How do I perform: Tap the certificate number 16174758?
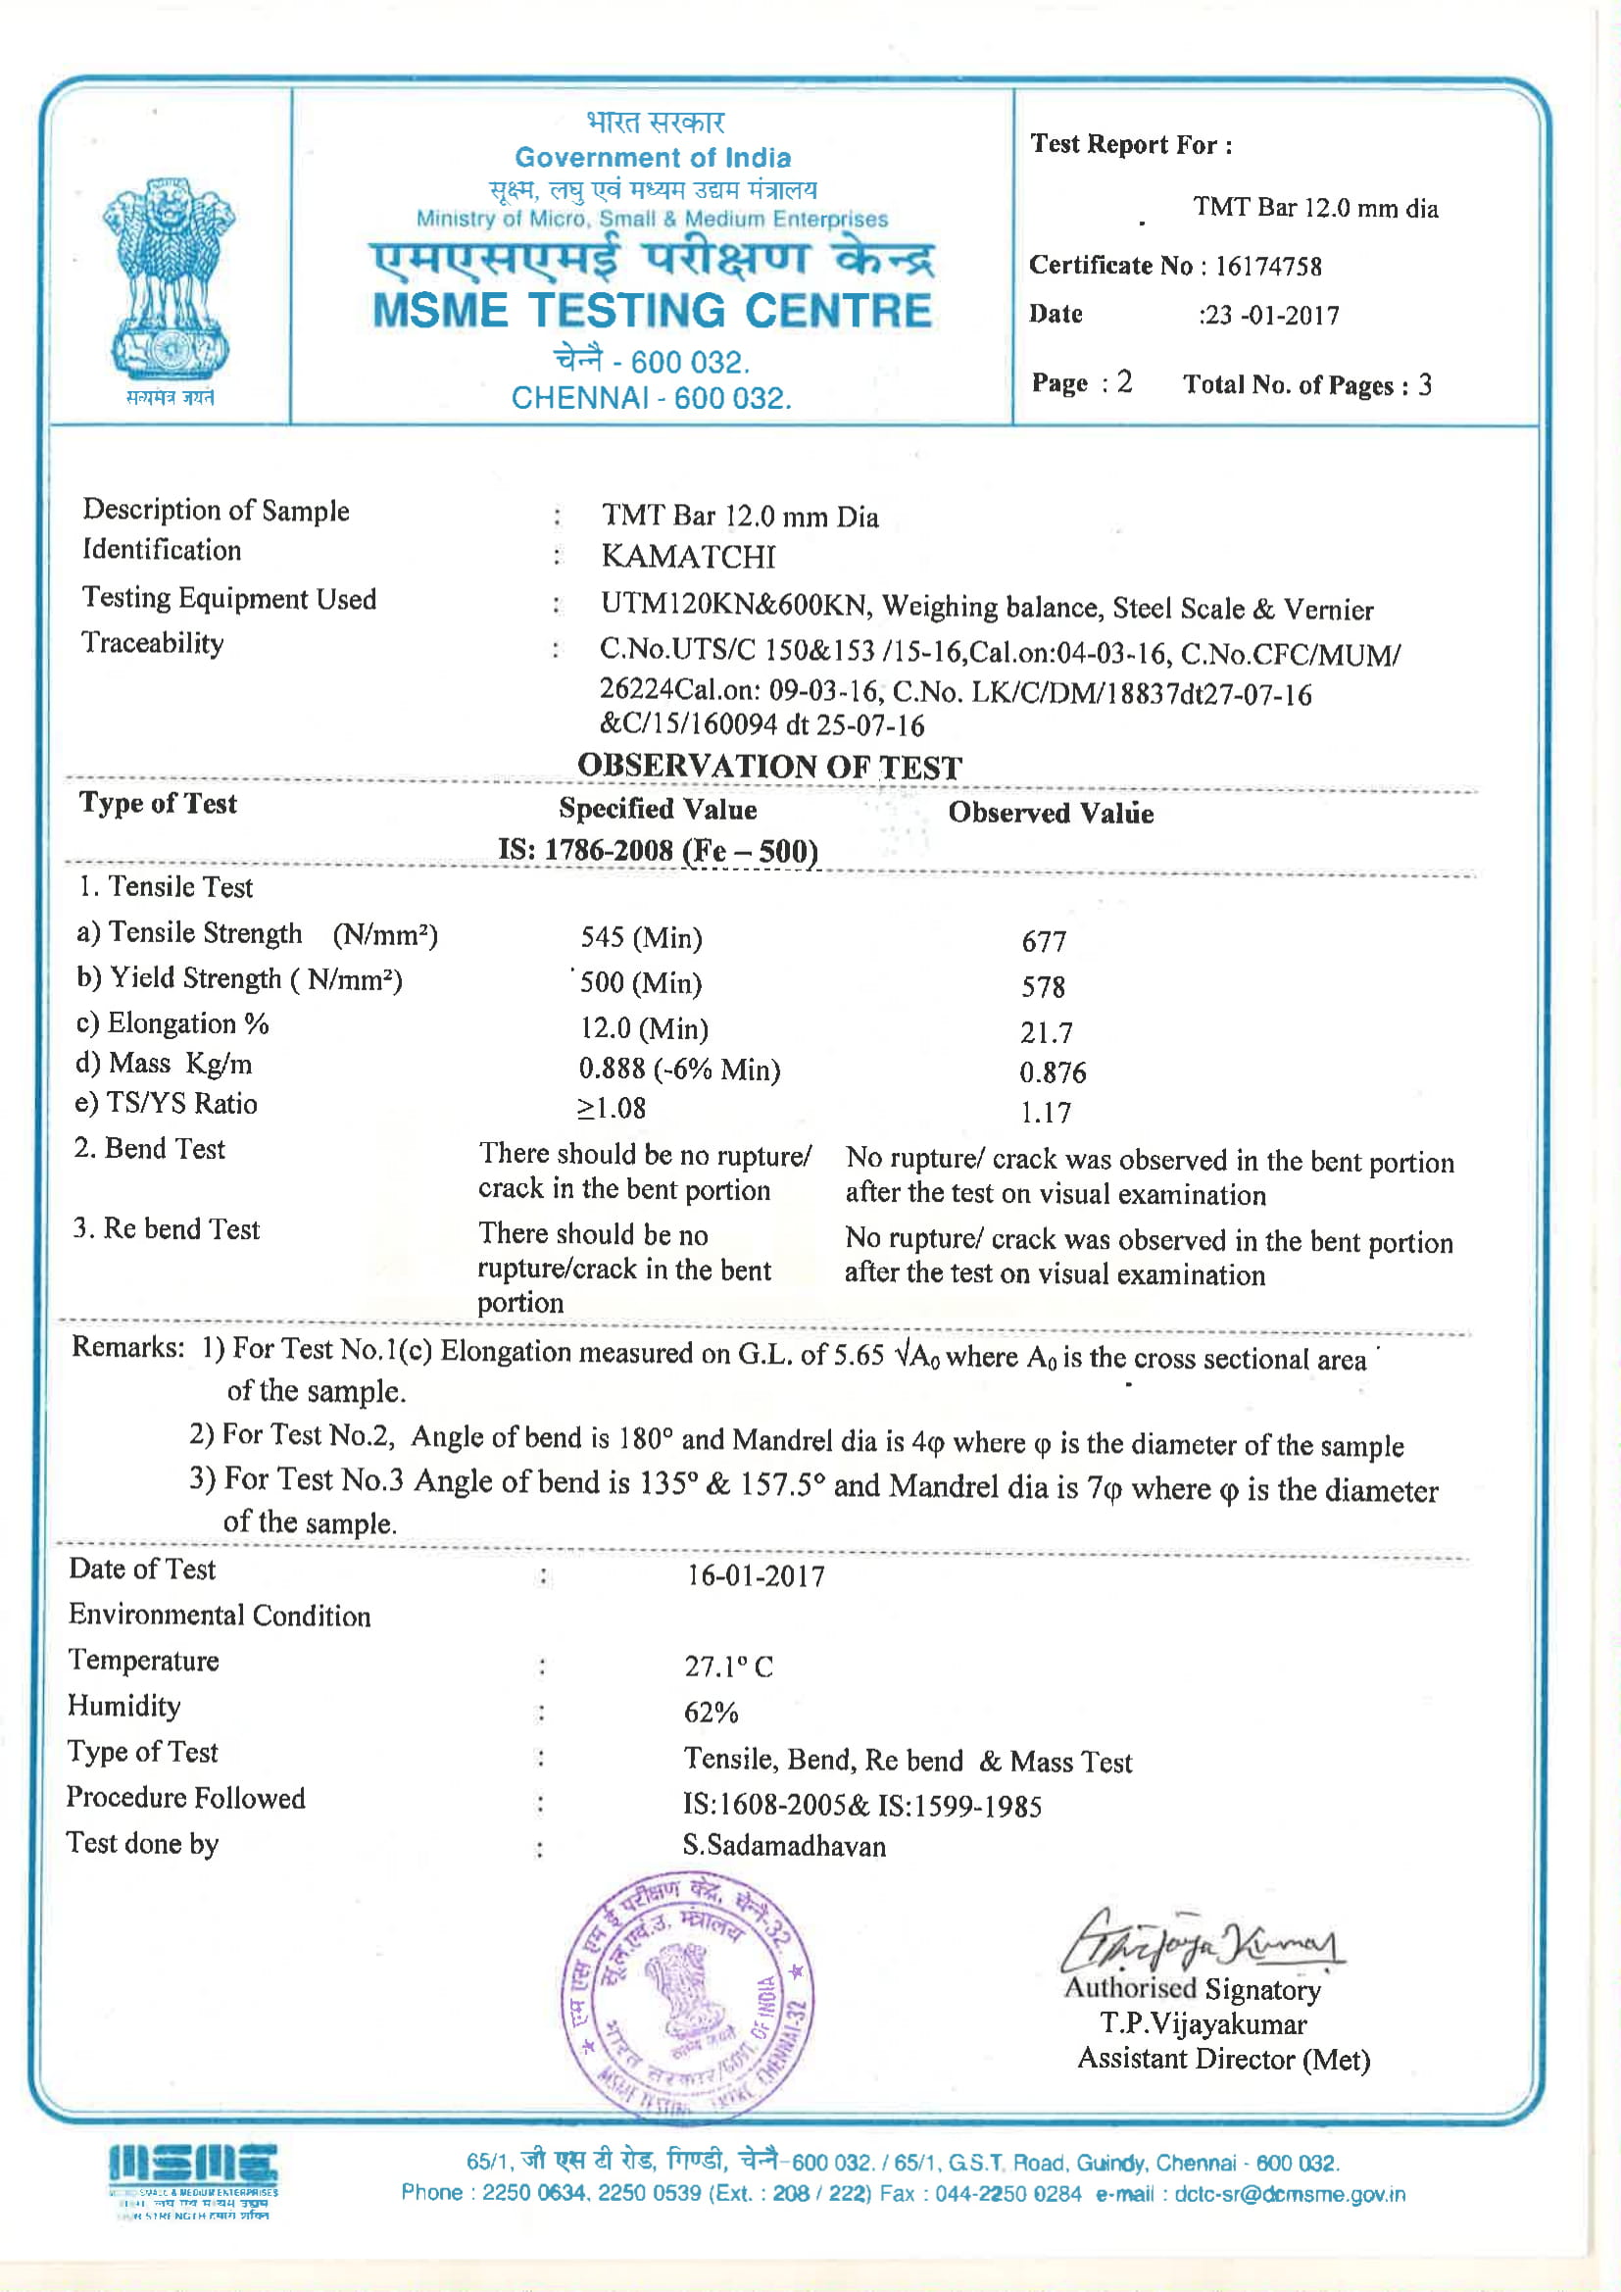click(1267, 267)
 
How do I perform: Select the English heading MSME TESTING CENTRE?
click(652, 312)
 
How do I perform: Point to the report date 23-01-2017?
click(1272, 317)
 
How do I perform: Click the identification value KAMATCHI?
click(688, 557)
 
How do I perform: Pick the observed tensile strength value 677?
click(1044, 941)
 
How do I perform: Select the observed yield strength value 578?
click(1043, 987)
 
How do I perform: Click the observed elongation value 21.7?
click(1046, 1032)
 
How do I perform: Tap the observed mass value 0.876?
click(1052, 1073)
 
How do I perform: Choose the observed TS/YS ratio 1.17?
click(1045, 1113)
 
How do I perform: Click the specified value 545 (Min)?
click(641, 938)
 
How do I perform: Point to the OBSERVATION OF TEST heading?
click(769, 767)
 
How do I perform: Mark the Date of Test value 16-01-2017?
click(756, 1576)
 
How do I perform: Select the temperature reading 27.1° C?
click(727, 1667)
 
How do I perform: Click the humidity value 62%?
click(711, 1713)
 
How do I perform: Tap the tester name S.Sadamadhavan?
click(784, 1846)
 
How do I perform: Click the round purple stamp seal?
click(688, 1997)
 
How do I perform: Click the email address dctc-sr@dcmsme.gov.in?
click(1289, 2194)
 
